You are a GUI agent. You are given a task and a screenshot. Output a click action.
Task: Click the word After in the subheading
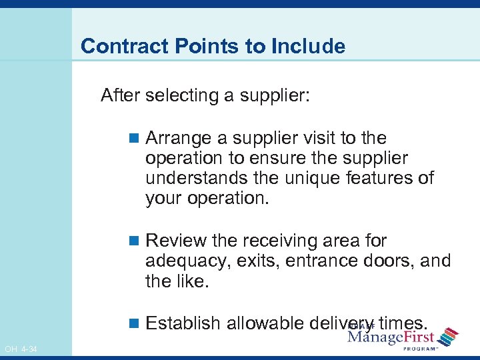click(x=121, y=95)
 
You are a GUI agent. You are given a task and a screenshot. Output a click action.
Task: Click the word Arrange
click(x=179, y=138)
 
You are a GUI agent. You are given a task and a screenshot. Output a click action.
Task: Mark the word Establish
click(x=183, y=323)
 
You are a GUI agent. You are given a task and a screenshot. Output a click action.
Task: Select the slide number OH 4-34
click(x=21, y=349)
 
